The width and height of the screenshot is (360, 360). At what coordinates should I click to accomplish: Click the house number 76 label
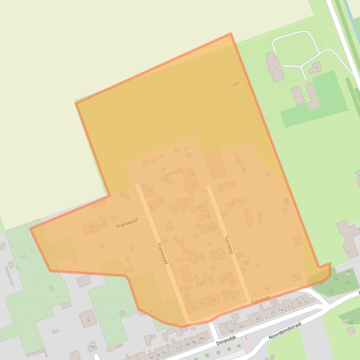point(87,320)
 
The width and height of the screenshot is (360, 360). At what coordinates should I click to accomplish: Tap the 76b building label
point(92,346)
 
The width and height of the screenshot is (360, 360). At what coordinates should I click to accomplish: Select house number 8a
point(91,227)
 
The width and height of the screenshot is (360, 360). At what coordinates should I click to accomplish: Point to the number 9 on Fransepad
point(149,191)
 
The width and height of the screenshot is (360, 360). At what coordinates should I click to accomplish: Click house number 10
point(193,175)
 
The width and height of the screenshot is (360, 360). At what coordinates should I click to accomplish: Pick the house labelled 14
point(201,207)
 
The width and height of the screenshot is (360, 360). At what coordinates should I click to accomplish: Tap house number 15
point(205,216)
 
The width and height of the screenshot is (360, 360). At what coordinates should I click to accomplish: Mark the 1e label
point(243,169)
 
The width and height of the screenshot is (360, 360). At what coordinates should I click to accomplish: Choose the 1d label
point(286,201)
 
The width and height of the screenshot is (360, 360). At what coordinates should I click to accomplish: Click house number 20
point(231,281)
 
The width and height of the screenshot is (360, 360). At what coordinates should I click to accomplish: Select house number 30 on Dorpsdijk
point(257,318)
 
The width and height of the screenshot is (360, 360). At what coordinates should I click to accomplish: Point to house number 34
point(241,326)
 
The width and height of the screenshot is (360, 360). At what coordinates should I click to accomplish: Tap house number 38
point(230,331)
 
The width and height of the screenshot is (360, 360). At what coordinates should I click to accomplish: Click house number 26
point(273,312)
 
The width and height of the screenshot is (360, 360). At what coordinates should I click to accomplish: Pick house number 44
point(202,338)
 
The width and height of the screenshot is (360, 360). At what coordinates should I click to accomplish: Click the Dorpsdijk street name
point(226,342)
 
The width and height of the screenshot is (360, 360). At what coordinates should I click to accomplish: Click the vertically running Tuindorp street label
point(229,245)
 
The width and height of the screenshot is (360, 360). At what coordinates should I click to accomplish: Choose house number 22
point(287,306)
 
